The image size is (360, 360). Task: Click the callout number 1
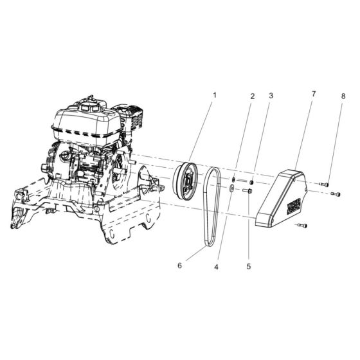pyautogui.click(x=215, y=94)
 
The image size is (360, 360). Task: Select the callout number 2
pyautogui.click(x=253, y=96)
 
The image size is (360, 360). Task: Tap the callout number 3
pyautogui.click(x=271, y=95)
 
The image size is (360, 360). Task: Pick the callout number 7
pyautogui.click(x=314, y=94)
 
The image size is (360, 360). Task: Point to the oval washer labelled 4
pyautogui.click(x=231, y=189)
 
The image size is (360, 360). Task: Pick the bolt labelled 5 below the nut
pyautogui.click(x=248, y=190)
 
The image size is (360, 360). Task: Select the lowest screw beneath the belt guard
pyautogui.click(x=304, y=226)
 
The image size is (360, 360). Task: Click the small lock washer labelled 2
pyautogui.click(x=235, y=181)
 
